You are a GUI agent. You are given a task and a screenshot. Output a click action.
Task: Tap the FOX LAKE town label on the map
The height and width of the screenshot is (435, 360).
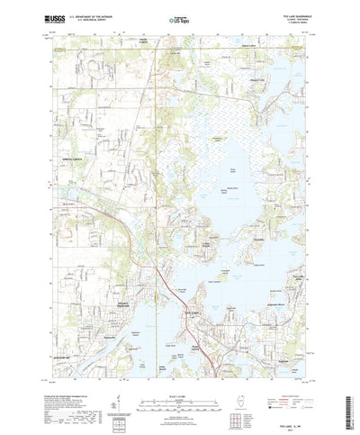[192, 286]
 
